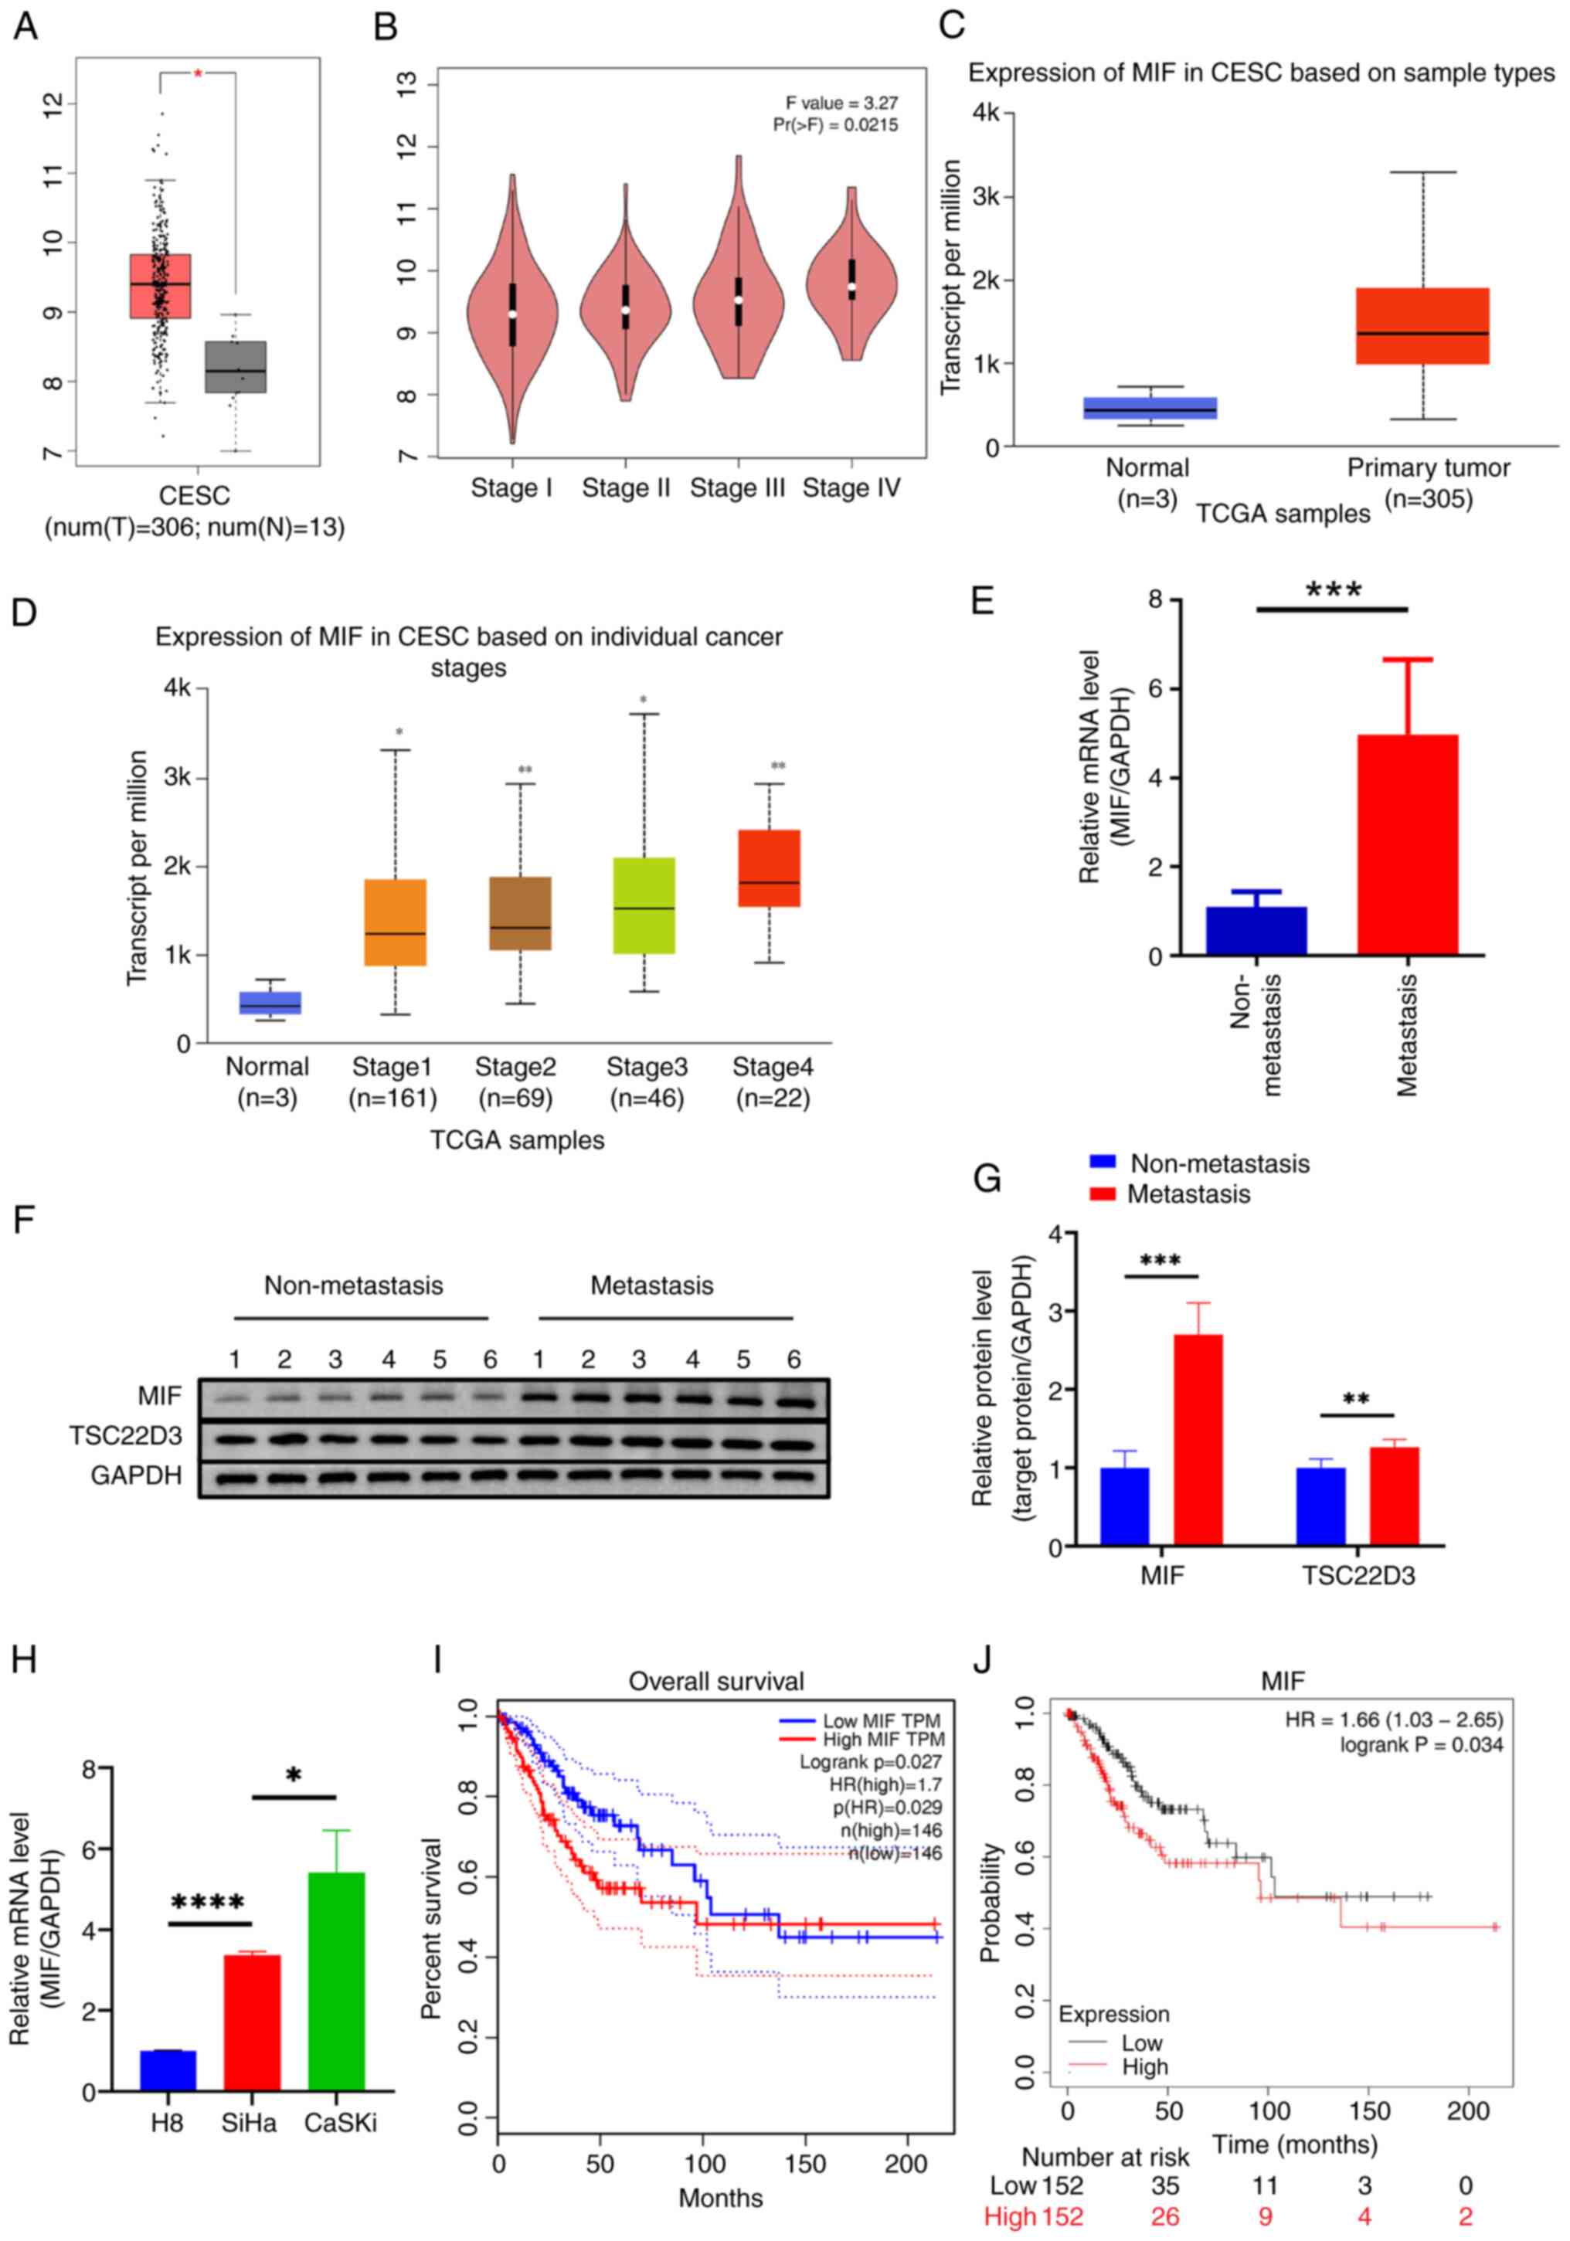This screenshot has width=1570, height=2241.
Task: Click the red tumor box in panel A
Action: (160, 285)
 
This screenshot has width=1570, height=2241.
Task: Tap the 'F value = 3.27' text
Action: (841, 103)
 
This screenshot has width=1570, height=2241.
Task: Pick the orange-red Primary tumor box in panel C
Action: (1422, 325)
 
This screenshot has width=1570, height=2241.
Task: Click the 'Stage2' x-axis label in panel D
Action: (515, 1067)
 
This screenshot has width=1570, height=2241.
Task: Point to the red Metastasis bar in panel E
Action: (1407, 844)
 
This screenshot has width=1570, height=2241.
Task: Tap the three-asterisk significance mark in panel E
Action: (1333, 590)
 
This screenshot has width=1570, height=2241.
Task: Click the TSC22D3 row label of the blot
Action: (125, 1436)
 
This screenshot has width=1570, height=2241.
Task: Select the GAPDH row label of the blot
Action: (136, 1475)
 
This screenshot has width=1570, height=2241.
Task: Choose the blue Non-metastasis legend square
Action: (1103, 1163)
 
